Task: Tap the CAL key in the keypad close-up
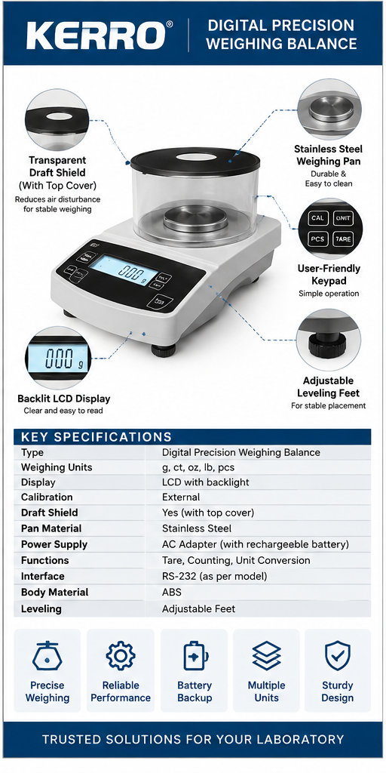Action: pyautogui.click(x=317, y=217)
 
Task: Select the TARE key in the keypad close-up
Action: pyautogui.click(x=343, y=239)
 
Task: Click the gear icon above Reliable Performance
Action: pyautogui.click(x=120, y=655)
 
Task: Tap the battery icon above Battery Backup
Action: pyautogui.click(x=195, y=655)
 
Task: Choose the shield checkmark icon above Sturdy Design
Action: pyautogui.click(x=338, y=655)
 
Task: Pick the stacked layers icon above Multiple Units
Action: pyautogui.click(x=266, y=655)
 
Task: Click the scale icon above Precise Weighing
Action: pyautogui.click(x=47, y=655)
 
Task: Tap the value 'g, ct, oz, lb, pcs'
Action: pyautogui.click(x=198, y=467)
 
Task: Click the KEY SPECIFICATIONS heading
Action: pyautogui.click(x=96, y=437)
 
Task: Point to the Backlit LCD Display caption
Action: pyautogui.click(x=64, y=399)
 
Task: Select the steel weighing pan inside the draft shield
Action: pyautogui.click(x=195, y=219)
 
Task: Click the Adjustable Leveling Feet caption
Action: pyautogui.click(x=329, y=387)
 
